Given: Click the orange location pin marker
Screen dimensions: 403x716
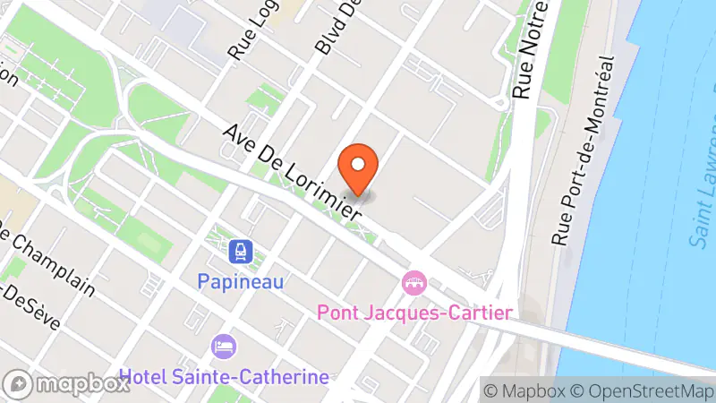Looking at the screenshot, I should [359, 168].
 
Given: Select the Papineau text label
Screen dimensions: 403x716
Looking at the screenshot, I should [241, 281].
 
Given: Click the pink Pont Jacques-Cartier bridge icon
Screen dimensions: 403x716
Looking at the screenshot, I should [414, 284].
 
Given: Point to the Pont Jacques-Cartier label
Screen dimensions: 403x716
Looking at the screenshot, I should [415, 313].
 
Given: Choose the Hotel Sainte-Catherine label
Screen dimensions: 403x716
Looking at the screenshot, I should [224, 376].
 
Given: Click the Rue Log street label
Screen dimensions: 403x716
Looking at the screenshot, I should [246, 31].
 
